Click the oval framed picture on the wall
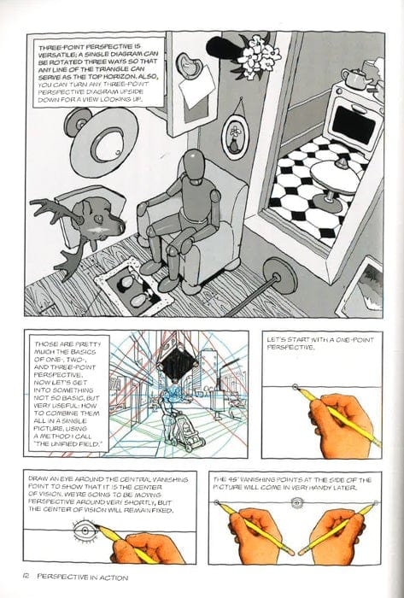[234, 134]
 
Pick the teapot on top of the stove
[352, 77]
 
